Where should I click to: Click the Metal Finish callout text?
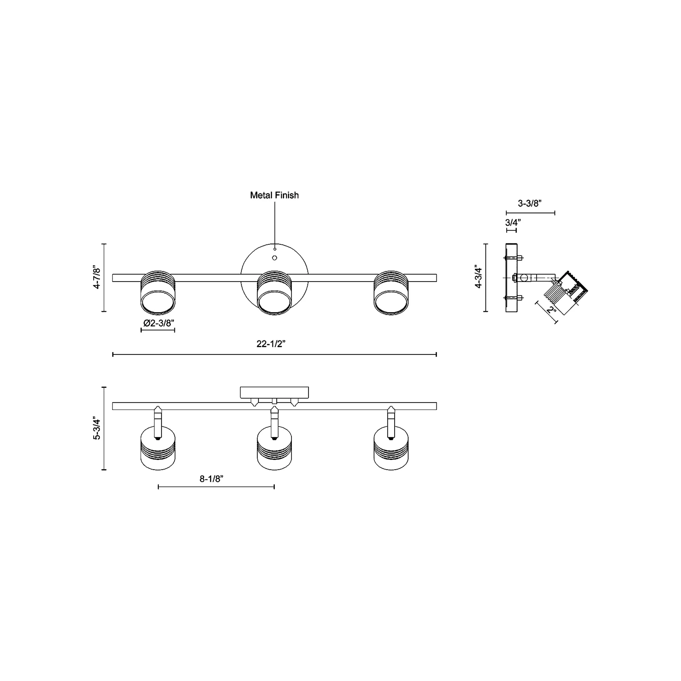coord(274,195)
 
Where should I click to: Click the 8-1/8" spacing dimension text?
coord(211,479)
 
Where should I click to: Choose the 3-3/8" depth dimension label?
coord(529,203)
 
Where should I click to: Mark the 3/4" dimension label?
coord(513,223)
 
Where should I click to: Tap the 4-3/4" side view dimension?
coord(478,277)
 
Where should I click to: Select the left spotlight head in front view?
coord(158,293)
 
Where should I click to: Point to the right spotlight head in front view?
coord(391,293)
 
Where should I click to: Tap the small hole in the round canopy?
coord(275,258)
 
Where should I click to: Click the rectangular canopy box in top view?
coord(274,392)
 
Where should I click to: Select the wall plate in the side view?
coord(511,278)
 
